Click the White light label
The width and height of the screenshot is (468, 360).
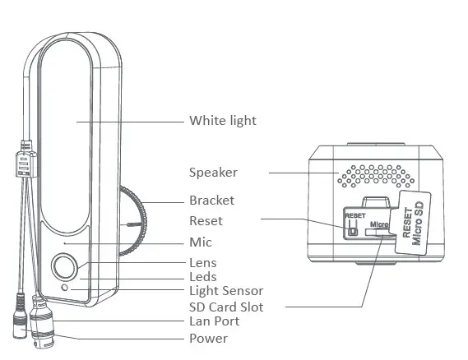point(223,121)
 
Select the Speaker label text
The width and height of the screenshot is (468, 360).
point(213,173)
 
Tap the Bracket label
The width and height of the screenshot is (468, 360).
point(211,201)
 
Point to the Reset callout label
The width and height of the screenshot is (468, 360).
point(206,221)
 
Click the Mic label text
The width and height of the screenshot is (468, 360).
point(200,242)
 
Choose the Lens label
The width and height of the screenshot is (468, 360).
point(203,263)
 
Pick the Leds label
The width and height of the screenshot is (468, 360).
point(202,277)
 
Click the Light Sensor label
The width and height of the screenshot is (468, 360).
point(226,291)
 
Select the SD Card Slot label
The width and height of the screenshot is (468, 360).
point(226,307)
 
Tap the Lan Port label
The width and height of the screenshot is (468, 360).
point(214,321)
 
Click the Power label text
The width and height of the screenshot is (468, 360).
point(208,338)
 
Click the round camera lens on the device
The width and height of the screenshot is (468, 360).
point(65,267)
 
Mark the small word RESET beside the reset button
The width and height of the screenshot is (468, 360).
point(354,216)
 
